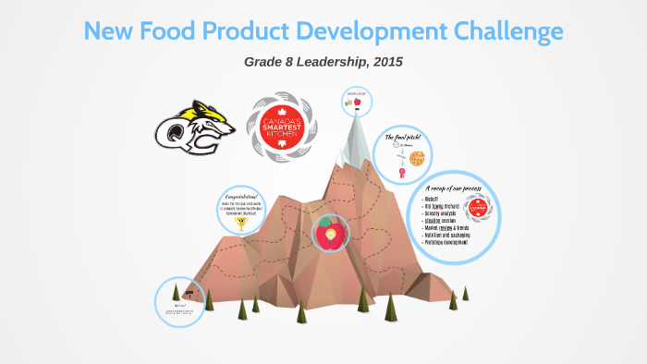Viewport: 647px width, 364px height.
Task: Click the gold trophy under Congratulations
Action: point(242,223)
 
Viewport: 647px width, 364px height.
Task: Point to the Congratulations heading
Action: point(242,197)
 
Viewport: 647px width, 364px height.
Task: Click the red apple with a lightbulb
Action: point(328,233)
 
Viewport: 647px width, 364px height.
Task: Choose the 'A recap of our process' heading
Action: point(454,188)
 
